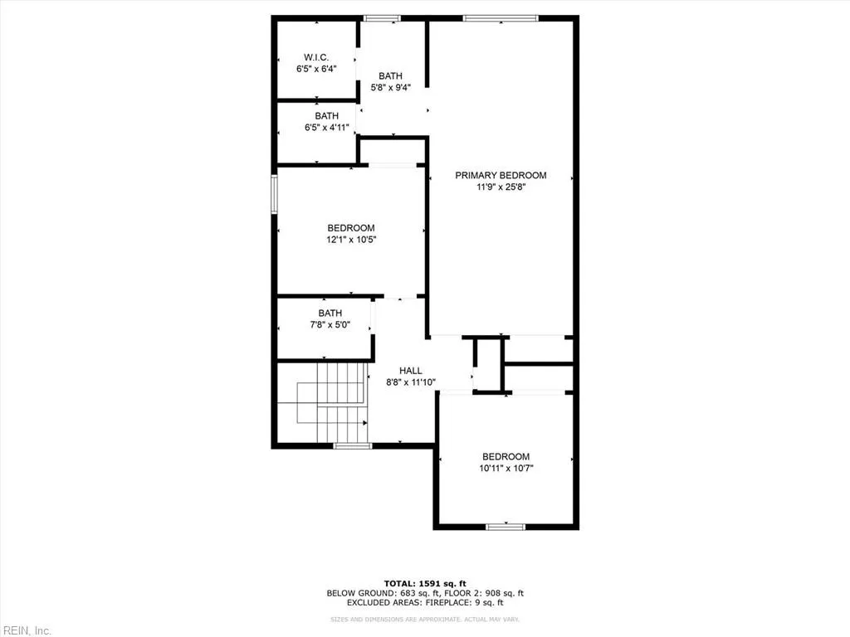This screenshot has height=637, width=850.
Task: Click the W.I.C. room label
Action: pyautogui.click(x=316, y=57)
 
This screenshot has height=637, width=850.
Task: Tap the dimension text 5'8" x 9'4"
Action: pyautogui.click(x=390, y=87)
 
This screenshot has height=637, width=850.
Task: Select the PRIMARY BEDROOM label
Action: pyautogui.click(x=501, y=175)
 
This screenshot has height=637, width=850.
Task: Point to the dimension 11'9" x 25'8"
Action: pyautogui.click(x=501, y=187)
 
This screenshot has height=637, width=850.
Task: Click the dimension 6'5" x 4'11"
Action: pyautogui.click(x=326, y=128)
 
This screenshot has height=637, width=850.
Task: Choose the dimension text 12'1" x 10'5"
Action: pyautogui.click(x=350, y=240)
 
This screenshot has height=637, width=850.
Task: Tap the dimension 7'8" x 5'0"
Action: pyautogui.click(x=330, y=325)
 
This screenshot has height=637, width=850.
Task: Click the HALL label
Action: pyautogui.click(x=411, y=371)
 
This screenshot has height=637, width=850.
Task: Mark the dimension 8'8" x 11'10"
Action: pyautogui.click(x=411, y=382)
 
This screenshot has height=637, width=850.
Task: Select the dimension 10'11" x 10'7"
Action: pyautogui.click(x=506, y=469)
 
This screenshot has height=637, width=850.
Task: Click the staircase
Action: pyautogui.click(x=332, y=404)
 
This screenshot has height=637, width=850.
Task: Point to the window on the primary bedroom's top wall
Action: pyautogui.click(x=501, y=18)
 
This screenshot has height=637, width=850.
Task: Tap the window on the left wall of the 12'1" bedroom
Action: pyautogui.click(x=274, y=194)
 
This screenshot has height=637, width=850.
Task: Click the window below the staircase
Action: pyautogui.click(x=353, y=446)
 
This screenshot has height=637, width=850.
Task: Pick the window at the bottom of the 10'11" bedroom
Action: pyautogui.click(x=506, y=526)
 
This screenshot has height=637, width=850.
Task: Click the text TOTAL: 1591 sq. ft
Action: pyautogui.click(x=424, y=582)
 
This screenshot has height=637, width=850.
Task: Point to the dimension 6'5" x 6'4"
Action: pyautogui.click(x=316, y=69)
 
